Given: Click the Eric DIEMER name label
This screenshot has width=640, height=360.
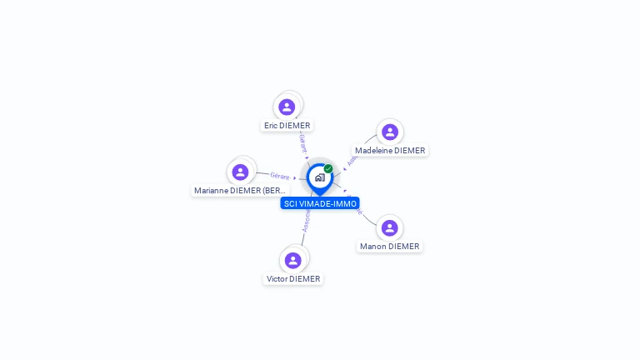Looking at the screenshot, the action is click(287, 126).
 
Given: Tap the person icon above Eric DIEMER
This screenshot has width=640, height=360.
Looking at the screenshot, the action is click(287, 107).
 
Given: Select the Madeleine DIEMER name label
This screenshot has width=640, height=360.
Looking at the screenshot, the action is click(390, 151).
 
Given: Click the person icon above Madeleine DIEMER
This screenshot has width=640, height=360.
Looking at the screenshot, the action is click(390, 132).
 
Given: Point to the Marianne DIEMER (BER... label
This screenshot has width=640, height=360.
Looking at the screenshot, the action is click(240, 191).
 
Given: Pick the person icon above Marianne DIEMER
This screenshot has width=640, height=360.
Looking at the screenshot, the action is click(241, 172).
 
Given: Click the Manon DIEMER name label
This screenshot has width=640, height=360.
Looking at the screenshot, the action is click(390, 247).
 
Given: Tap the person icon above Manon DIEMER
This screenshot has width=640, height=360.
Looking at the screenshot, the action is click(390, 227).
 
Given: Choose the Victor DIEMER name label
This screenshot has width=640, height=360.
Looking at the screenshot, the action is click(293, 279).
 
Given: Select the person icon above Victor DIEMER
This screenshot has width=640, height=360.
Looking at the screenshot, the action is click(293, 260).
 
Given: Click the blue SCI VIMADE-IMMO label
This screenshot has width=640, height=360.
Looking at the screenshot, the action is click(320, 203).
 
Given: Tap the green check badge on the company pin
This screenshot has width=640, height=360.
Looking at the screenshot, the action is click(328, 169).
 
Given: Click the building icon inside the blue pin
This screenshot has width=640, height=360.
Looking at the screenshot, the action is click(319, 177).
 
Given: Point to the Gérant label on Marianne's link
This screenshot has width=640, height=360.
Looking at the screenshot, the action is click(280, 176).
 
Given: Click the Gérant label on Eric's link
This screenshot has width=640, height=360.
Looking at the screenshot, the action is click(302, 143).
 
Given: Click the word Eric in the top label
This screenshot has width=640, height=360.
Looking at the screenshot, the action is click(271, 126).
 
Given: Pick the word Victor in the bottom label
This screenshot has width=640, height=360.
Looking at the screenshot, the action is click(277, 279).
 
